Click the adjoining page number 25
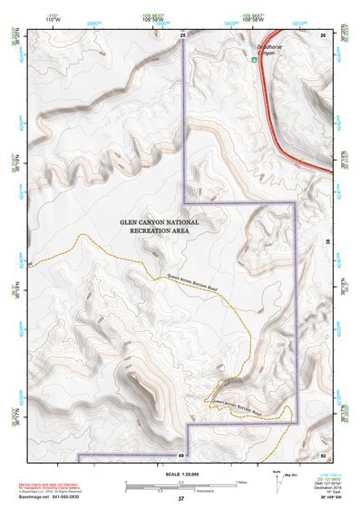coord(181,34)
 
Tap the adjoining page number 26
coord(322,34)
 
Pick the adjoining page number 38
coord(326,242)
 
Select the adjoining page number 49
coord(180,454)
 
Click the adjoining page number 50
coord(322,454)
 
